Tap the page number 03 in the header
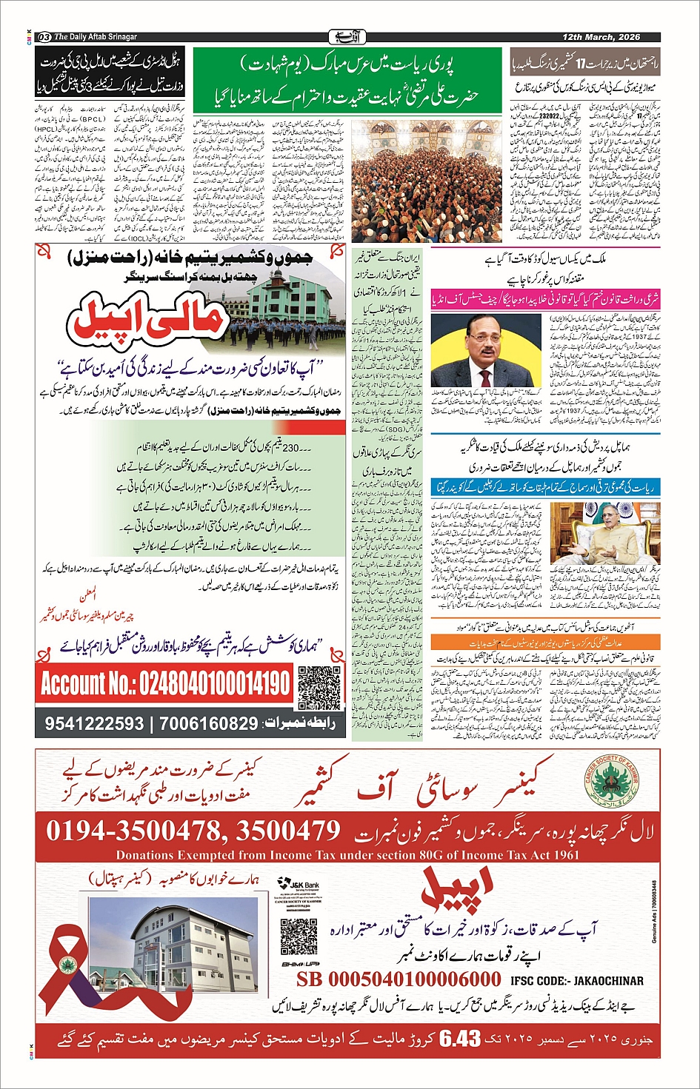pyautogui.click(x=44, y=37)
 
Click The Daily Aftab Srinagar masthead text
pyautogui.click(x=96, y=37)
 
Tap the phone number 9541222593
pyautogui.click(x=94, y=723)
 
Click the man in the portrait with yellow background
pyautogui.click(x=485, y=352)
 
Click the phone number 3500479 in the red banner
pyautogui.click(x=288, y=831)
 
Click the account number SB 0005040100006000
pyautogui.click(x=399, y=979)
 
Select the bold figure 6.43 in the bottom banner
pyautogui.click(x=460, y=1039)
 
